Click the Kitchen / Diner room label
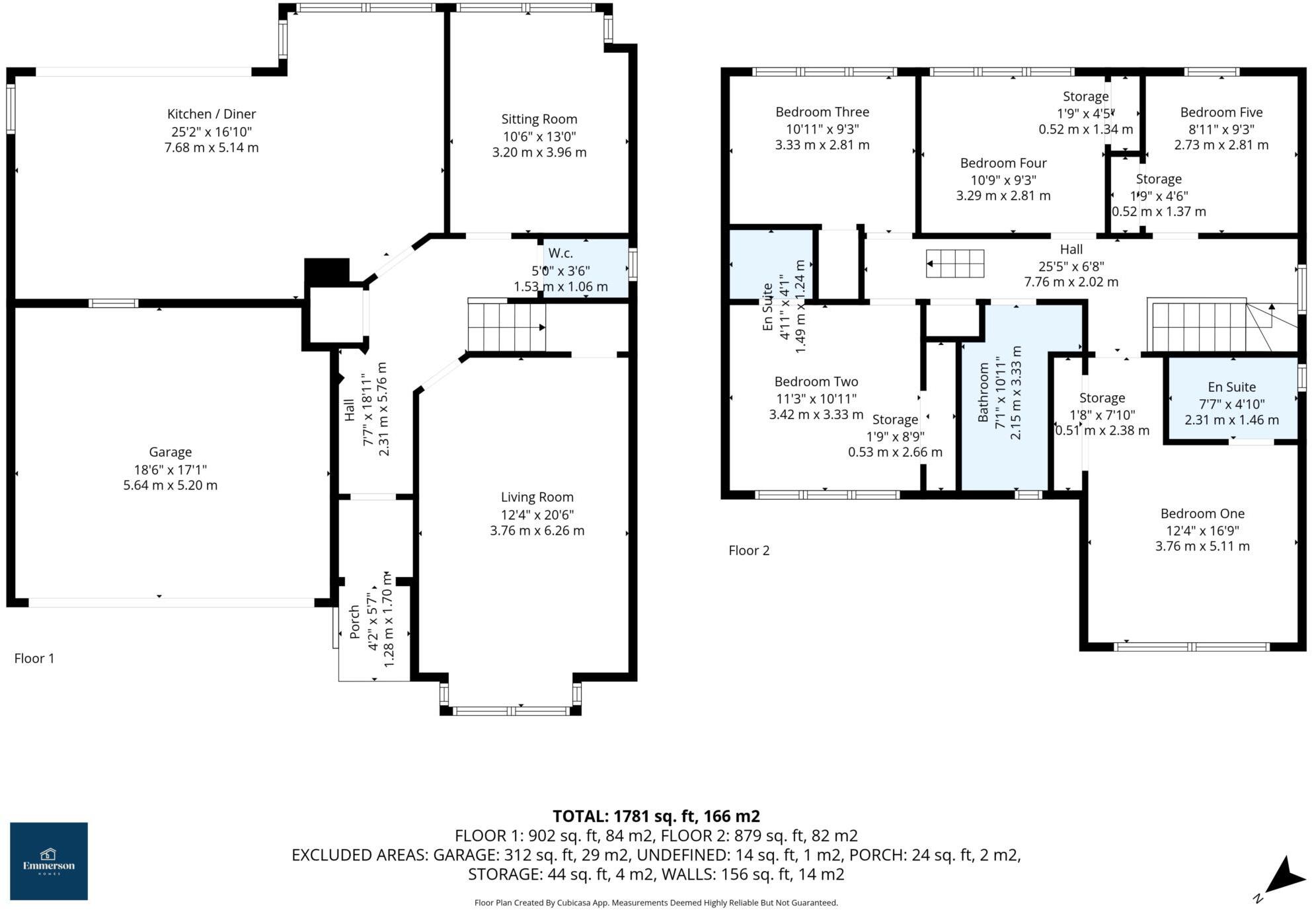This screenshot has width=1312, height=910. pos(211,114)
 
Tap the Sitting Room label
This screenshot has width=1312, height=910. pos(539,119)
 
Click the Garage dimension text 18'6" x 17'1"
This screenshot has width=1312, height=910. pos(170,469)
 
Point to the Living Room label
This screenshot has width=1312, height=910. pos(537,497)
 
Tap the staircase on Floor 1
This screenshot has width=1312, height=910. pos(506,326)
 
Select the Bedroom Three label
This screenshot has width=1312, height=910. pos(822,112)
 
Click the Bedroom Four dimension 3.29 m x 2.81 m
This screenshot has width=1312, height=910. pos(1003,196)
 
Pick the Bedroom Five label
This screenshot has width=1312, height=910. pos(1221,112)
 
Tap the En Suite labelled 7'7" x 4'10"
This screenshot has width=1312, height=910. pos(1231,402)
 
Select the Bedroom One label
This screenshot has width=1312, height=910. pos(1202,513)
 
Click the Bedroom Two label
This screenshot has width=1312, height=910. pos(816,381)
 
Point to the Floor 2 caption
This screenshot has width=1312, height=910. pos(748,550)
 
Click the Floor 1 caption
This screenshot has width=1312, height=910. pos(34,658)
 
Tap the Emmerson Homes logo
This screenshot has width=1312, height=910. pos(49,860)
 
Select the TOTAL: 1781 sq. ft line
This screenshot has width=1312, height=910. pos(656,815)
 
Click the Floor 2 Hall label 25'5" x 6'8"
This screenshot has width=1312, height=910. pos(1071,266)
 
